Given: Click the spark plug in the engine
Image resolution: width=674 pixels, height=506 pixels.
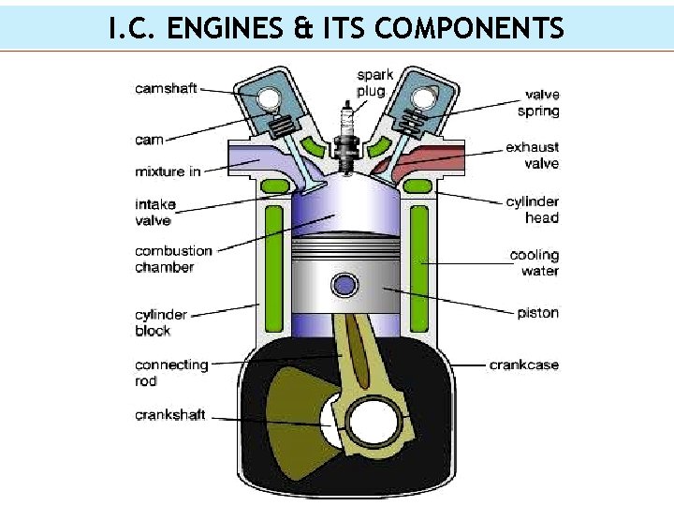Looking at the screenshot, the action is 345,138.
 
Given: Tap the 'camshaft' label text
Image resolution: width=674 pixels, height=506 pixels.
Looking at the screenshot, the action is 166,88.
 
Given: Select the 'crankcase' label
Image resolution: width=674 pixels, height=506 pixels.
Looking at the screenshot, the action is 524,365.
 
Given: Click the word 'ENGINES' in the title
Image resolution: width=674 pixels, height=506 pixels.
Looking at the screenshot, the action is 225,28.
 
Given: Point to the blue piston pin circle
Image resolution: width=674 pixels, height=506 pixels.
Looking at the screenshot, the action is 344,285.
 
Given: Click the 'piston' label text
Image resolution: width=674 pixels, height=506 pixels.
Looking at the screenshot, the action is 537,312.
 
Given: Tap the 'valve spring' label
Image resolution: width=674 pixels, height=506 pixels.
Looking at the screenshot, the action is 538,103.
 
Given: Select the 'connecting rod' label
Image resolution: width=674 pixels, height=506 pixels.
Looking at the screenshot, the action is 171,373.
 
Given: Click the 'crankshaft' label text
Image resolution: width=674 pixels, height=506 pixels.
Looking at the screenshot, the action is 169,415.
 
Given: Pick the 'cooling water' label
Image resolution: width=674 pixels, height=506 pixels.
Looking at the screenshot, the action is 535,262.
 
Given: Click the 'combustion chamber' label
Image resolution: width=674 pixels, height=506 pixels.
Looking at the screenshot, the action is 173,259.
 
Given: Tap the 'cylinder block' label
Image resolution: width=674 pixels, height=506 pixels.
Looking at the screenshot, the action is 161,322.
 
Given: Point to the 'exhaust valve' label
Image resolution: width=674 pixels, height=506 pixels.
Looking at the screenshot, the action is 532,156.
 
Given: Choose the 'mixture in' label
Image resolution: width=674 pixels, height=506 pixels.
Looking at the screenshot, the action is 168,171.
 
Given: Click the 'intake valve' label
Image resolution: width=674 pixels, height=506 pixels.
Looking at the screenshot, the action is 155,212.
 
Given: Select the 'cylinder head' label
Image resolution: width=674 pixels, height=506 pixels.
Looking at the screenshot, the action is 532,210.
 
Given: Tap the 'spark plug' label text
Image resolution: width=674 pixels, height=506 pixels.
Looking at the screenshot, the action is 374,82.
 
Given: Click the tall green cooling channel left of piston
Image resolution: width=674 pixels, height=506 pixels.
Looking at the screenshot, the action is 273,269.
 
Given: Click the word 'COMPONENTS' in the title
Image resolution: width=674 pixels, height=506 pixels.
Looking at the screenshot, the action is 469,28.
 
